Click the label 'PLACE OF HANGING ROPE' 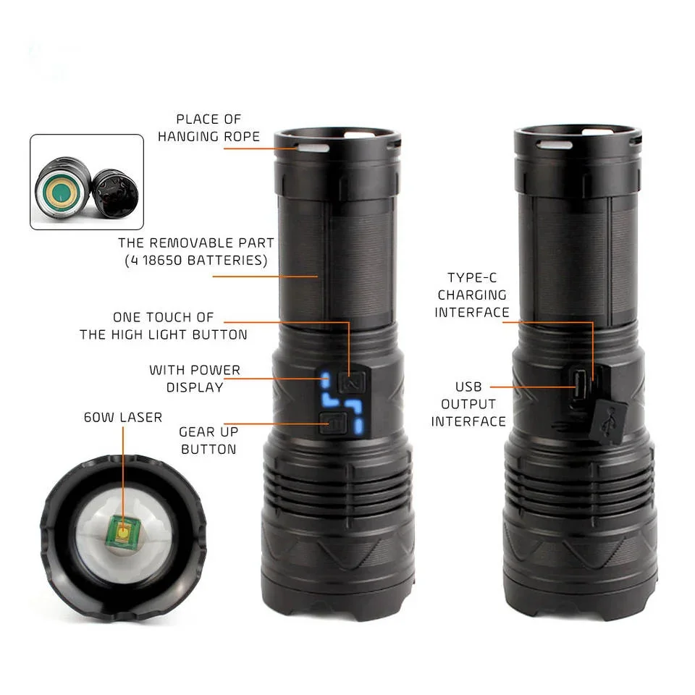coord(208,127)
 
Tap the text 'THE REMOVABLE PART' coord(195,243)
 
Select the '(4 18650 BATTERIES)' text coord(195,261)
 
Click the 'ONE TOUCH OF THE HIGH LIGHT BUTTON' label coord(164,326)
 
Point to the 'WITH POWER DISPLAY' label coord(194,378)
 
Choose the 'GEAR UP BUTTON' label coord(208,440)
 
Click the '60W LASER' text coord(123,417)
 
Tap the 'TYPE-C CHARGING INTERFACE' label coord(472,295)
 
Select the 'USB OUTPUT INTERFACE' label coord(468,404)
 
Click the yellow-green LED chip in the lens coord(122,534)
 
